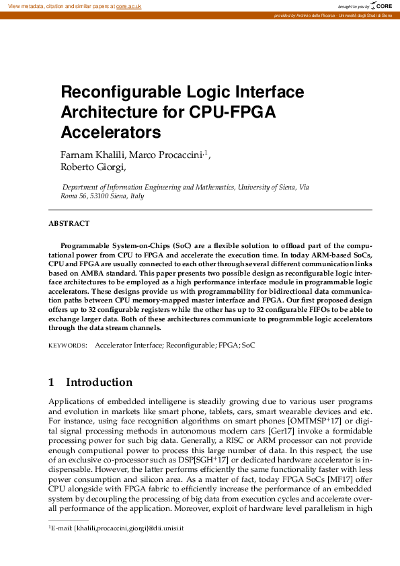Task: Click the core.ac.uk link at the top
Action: point(129,6)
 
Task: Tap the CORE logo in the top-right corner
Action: point(383,6)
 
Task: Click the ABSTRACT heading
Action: point(69,224)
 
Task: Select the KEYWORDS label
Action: point(67,346)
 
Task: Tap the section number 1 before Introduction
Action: point(52,382)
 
